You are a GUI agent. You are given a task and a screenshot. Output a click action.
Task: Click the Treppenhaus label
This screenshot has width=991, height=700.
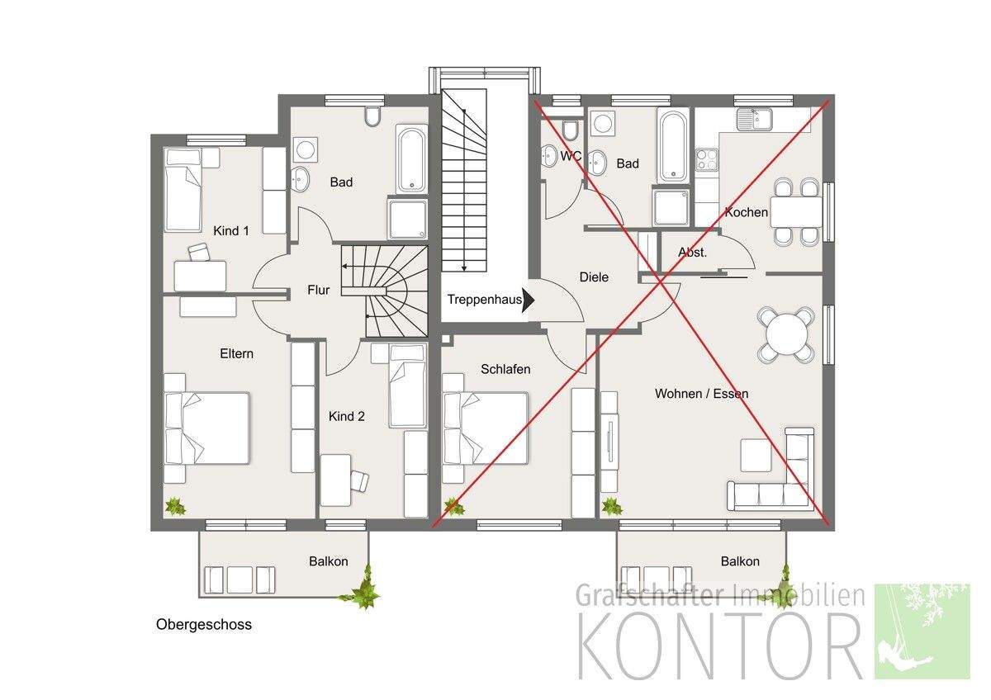click(485, 300)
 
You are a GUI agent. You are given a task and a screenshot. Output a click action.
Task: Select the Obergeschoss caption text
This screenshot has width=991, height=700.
click(204, 625)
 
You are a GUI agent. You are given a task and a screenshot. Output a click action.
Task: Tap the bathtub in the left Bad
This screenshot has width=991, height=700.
click(411, 158)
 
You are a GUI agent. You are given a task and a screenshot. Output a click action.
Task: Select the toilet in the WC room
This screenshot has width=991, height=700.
click(569, 130)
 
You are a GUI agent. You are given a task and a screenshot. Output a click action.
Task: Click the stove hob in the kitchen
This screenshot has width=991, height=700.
click(706, 158)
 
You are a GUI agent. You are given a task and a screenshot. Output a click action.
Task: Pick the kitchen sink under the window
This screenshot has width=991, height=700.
click(753, 121)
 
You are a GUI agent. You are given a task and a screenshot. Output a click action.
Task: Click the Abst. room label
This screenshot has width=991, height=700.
click(692, 253)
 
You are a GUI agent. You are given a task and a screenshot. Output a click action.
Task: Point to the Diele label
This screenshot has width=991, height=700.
click(594, 277)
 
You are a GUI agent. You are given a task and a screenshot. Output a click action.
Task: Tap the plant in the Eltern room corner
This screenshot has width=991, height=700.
click(174, 506)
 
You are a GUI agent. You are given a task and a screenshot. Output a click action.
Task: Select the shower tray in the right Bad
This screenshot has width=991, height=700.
click(671, 207)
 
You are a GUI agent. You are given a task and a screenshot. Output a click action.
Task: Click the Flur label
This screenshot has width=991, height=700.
click(318, 290)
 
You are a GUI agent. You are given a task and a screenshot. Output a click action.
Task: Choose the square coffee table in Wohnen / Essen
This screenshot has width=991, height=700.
click(756, 455)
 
